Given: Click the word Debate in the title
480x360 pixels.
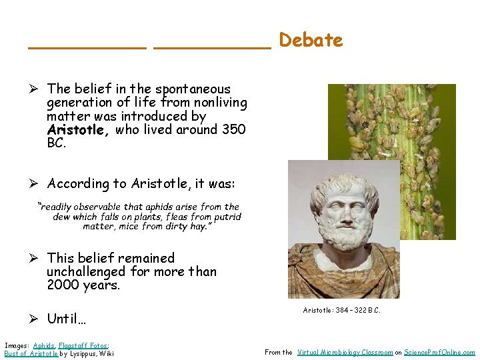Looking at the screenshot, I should tap(311, 40).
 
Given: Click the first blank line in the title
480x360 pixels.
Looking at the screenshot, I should tap(87, 47).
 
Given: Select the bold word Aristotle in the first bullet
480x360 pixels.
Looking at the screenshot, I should tap(78, 130).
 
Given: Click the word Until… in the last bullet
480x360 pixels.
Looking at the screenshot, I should tap(67, 319).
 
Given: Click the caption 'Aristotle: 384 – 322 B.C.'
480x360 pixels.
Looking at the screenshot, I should tap(342, 311).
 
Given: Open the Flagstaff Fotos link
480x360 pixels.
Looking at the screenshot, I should tap(83, 345).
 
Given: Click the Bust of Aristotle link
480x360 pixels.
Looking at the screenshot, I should tap(31, 353).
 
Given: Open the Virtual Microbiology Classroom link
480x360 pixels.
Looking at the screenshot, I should tap(345, 353).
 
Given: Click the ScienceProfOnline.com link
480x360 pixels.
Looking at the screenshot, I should tap(439, 353).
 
